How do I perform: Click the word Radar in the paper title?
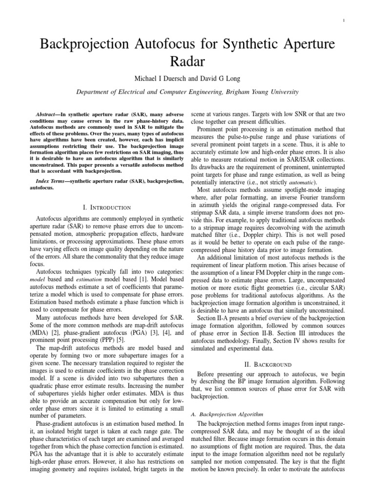(x=187, y=62)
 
